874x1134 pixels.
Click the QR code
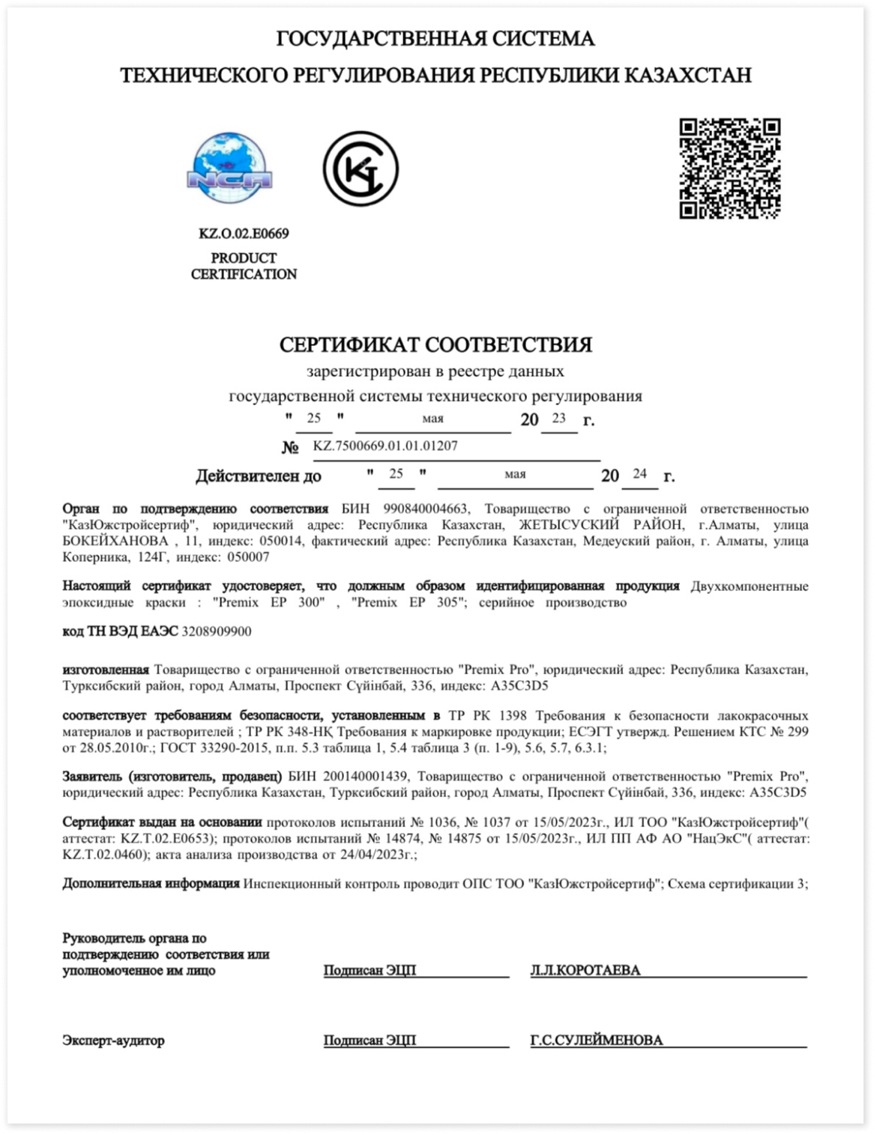point(729,169)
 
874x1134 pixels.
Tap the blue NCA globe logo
point(229,168)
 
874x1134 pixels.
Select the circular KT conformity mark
point(361,169)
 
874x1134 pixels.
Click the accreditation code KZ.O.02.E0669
point(244,234)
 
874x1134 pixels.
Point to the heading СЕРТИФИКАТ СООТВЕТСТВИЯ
point(436,345)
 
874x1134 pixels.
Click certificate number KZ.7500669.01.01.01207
point(385,446)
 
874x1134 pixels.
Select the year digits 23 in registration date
point(558,418)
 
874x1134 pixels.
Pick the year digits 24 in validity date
point(639,473)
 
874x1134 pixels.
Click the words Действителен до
point(259,476)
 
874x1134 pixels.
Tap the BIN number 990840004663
point(425,509)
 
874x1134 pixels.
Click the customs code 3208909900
point(217,631)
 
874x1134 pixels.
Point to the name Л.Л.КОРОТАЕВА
point(585,971)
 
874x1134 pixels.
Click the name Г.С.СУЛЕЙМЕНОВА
point(597,1040)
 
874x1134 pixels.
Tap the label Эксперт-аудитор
point(113,1040)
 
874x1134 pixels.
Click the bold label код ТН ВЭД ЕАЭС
point(120,631)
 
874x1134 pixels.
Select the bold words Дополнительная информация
point(151,884)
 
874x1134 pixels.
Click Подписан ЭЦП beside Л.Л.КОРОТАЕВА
point(370,971)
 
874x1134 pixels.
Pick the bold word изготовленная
point(106,670)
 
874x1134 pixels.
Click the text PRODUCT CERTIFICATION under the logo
point(244,266)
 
